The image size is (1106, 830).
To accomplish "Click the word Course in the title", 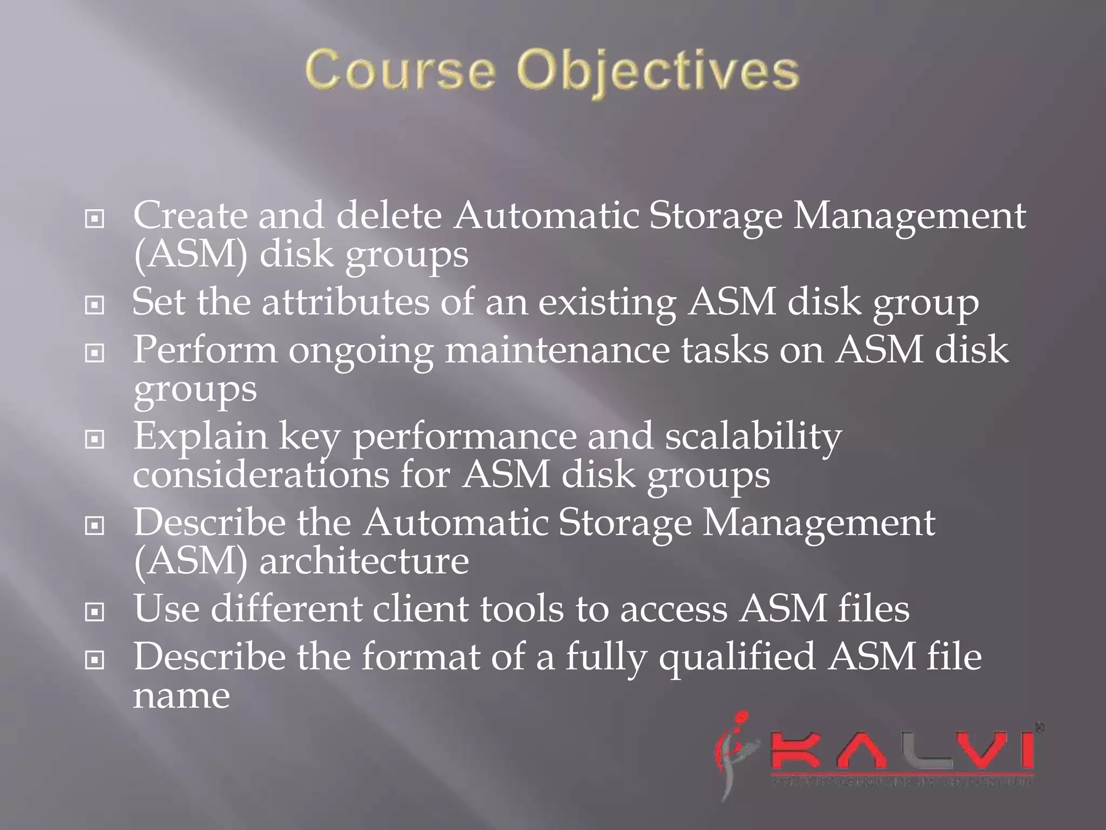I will point(400,71).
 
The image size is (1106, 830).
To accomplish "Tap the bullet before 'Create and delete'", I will point(95,219).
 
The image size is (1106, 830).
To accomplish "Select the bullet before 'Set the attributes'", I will point(95,305).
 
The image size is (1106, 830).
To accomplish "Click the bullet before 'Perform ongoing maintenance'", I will point(95,353).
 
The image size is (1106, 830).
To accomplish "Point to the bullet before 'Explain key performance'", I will point(95,439).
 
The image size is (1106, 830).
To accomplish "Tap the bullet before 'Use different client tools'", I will point(95,612).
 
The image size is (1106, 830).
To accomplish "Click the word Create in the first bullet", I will point(190,215).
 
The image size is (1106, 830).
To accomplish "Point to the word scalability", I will point(753,436).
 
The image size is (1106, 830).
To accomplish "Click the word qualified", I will point(737,657).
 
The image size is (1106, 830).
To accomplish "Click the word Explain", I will point(201,437).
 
